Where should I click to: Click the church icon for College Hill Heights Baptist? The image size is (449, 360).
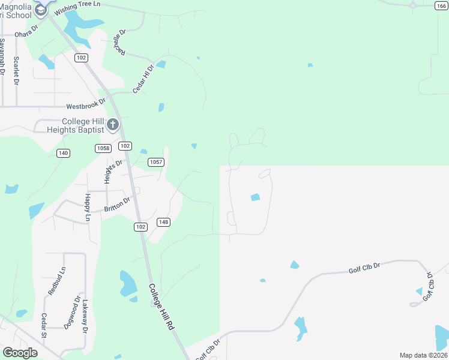click(x=113, y=125)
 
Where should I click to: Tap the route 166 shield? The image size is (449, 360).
click(x=441, y=5)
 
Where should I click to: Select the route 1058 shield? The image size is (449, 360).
click(x=103, y=148)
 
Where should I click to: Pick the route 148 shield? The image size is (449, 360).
click(x=163, y=222)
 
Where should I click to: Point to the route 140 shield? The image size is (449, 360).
click(x=63, y=153)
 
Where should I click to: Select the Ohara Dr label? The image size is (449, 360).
click(x=26, y=31)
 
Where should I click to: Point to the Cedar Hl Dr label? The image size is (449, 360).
click(x=143, y=79)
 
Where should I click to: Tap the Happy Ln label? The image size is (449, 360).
click(x=87, y=207)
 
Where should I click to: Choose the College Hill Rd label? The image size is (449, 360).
click(x=161, y=307)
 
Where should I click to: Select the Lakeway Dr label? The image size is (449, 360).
click(x=85, y=316)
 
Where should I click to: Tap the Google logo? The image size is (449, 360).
click(x=20, y=353)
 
